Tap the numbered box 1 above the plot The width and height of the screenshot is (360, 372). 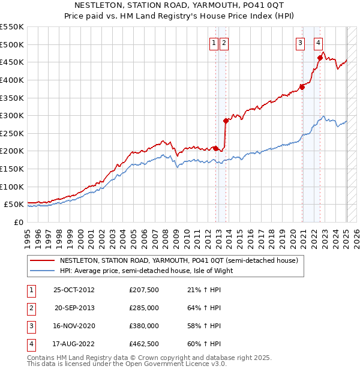pos(214,42)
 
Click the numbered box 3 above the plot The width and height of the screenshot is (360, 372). pos(299,42)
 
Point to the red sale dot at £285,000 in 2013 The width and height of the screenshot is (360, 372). pos(226,121)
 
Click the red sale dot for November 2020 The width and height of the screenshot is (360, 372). pos(302,87)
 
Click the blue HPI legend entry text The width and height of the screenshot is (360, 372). pos(146,271)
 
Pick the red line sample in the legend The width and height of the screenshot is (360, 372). pos(43,260)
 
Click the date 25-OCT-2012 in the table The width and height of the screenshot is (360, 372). pos(74,290)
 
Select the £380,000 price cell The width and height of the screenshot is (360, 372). pos(144,326)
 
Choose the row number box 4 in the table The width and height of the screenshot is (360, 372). pos(30,344)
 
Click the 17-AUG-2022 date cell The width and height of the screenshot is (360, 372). pos(74,344)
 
